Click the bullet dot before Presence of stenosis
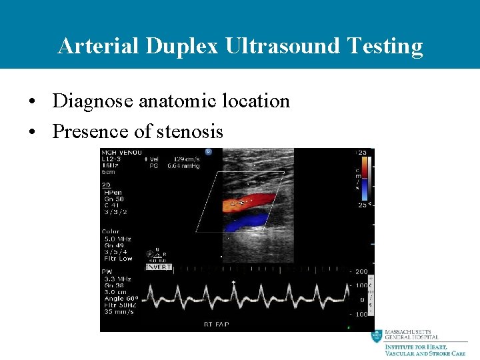pyautogui.click(x=32, y=132)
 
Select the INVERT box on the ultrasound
pyautogui.click(x=159, y=267)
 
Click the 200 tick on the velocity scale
pyautogui.click(x=361, y=272)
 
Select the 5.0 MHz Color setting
pyautogui.click(x=119, y=239)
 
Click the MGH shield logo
pyautogui.click(x=377, y=337)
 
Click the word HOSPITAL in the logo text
pyautogui.click(x=421, y=337)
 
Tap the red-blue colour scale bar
pyautogui.click(x=363, y=180)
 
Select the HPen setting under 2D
pyautogui.click(x=113, y=191)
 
